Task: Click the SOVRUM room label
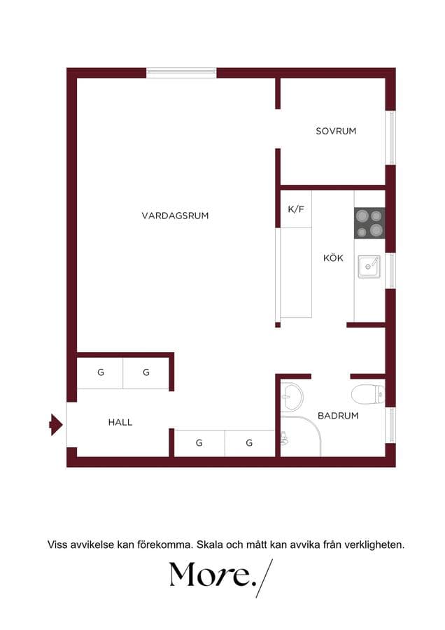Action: pos(336,131)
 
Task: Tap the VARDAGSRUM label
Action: pos(175,216)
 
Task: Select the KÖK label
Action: pos(333,258)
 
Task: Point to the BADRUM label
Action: pos(338,416)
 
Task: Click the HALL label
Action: pos(120,422)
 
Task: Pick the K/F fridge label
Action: pos(296,209)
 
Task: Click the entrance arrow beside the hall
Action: pos(56,424)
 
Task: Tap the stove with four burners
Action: pos(369,223)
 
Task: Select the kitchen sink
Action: pos(369,267)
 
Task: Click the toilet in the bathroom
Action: pos(367,394)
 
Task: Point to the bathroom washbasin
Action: pos(292,397)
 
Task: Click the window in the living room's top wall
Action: pos(181,73)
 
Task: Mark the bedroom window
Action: pos(390,137)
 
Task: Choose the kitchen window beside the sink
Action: pos(390,270)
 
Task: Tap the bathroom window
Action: pos(390,425)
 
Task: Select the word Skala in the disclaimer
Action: pos(209,545)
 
